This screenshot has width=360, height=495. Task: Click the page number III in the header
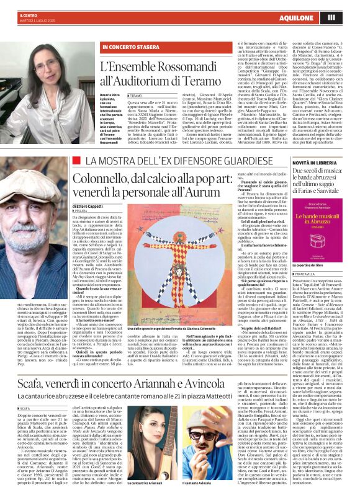pyautogui.click(x=348, y=17)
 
